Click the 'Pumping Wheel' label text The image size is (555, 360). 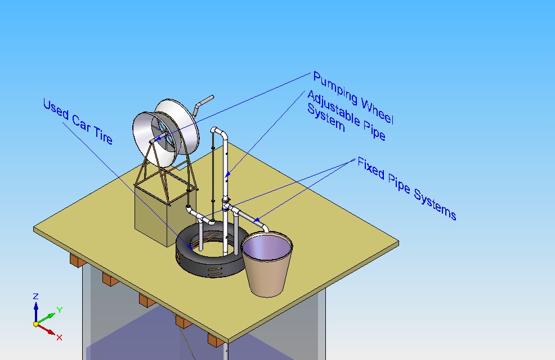pyautogui.click(x=353, y=97)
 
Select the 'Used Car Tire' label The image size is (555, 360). pyautogui.click(x=78, y=121)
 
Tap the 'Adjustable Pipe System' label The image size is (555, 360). pyautogui.click(x=345, y=117)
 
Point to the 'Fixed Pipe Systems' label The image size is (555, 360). pyautogui.click(x=406, y=189)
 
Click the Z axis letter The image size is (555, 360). pyautogui.click(x=35, y=296)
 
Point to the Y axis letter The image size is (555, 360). pyautogui.click(x=59, y=309)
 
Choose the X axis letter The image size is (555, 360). pyautogui.click(x=59, y=337)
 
